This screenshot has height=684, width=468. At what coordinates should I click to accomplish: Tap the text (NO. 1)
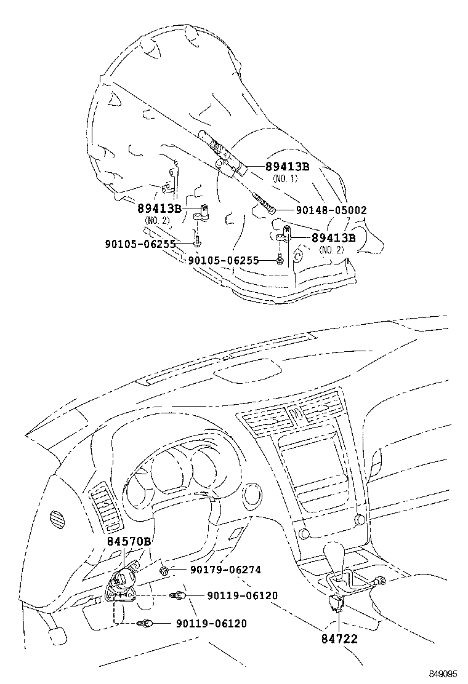coord(284,178)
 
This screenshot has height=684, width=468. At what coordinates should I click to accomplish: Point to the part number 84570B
coord(129,541)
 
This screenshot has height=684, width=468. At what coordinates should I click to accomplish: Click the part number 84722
coord(339,639)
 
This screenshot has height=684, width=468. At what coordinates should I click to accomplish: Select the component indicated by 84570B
coord(123,581)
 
